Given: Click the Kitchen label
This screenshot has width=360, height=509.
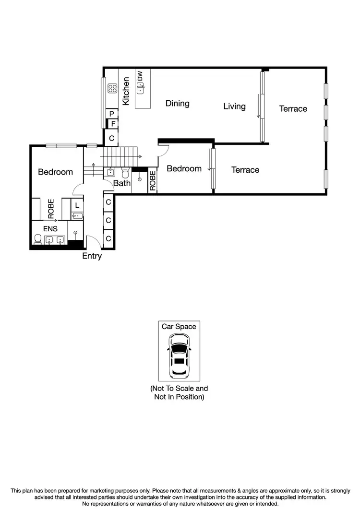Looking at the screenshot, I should (x=126, y=91).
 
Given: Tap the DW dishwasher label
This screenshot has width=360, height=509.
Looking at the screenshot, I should (x=140, y=76).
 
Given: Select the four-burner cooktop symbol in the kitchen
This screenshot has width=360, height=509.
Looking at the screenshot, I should (x=113, y=88).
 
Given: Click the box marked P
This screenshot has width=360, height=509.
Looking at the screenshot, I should (x=112, y=114).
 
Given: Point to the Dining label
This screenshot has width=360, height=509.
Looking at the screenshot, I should (x=177, y=103).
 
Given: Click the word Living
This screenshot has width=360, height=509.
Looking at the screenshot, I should (x=234, y=106).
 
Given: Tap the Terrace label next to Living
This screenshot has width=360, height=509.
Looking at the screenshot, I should (x=293, y=109).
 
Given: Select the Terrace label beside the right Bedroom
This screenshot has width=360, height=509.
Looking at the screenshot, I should (x=245, y=170).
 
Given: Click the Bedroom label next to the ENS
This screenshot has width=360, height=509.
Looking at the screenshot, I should (x=55, y=172).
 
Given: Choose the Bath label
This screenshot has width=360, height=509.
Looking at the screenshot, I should (x=122, y=183).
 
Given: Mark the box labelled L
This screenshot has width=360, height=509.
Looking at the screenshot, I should (x=77, y=205).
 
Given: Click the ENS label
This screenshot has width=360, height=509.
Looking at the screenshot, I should (x=50, y=229).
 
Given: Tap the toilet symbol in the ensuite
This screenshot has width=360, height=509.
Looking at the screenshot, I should (x=37, y=238).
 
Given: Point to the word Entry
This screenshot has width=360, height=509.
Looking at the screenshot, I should (x=92, y=256).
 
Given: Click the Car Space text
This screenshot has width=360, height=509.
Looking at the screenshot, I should (x=179, y=327).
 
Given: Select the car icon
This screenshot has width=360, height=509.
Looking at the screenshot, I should (x=179, y=355).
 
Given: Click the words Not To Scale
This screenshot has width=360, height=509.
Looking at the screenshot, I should (x=179, y=388).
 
